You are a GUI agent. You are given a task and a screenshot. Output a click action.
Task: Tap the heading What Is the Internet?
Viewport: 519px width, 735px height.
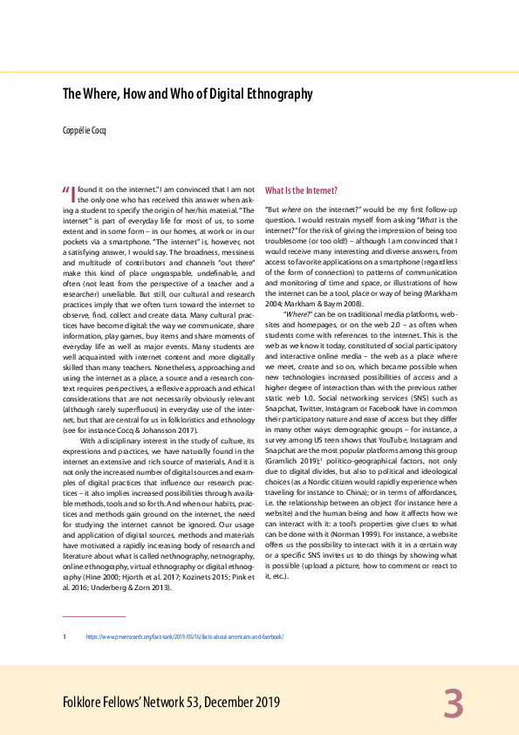pos(301,190)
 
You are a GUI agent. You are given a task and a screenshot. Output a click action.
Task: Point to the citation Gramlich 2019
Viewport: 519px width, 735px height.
pos(291,460)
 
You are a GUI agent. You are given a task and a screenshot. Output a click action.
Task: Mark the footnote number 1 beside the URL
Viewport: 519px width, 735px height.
pos(65,637)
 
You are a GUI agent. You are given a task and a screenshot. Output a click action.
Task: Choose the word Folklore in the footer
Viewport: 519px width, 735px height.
pos(85,703)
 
